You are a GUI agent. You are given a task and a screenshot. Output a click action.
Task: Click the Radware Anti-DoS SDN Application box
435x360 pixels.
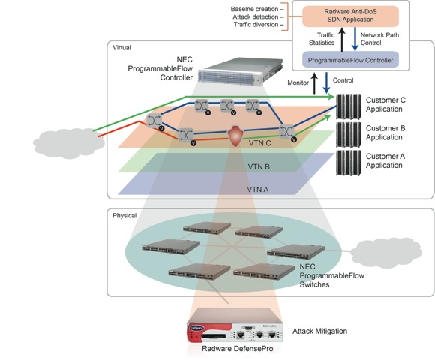(x=350, y=16)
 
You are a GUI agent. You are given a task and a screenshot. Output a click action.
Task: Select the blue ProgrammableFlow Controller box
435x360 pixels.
(x=350, y=60)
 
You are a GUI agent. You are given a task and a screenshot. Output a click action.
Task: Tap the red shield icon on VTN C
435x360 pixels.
(x=235, y=136)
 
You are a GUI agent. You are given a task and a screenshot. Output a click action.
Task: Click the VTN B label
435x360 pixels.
(x=259, y=167)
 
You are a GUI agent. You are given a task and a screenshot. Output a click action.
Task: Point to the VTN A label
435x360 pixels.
(x=258, y=190)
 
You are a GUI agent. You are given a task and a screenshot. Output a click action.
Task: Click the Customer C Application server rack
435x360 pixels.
(x=349, y=106)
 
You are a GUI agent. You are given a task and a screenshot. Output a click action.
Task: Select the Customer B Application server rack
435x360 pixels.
(x=349, y=135)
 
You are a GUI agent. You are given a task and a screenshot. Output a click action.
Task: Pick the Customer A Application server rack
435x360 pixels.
(x=349, y=163)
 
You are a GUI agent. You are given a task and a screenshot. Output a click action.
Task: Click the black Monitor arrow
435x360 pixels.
(x=314, y=83)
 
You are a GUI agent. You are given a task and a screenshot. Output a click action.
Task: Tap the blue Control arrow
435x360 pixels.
(x=326, y=82)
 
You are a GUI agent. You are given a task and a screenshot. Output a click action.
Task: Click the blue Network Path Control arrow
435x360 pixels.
(x=355, y=39)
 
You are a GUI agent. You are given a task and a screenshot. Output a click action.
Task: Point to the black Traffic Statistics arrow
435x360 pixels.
(x=342, y=40)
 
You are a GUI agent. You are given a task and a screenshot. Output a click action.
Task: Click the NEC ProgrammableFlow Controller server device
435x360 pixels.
(x=241, y=70)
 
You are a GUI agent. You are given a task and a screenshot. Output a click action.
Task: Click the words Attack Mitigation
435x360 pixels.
(x=319, y=331)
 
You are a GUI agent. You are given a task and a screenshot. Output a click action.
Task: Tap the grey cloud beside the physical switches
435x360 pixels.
(x=386, y=253)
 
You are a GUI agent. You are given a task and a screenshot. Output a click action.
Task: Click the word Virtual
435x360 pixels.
(x=121, y=48)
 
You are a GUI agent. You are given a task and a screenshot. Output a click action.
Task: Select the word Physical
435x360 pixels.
(x=124, y=215)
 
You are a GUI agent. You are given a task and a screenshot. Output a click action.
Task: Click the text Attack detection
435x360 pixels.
(x=256, y=17)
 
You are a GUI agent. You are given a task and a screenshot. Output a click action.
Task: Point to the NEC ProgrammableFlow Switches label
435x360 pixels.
(x=331, y=275)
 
